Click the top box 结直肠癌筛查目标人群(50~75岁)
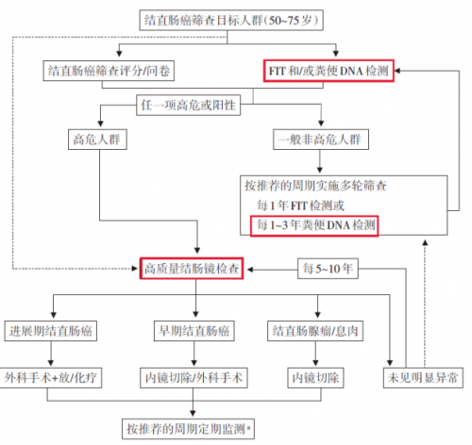pyautogui.click(x=231, y=21)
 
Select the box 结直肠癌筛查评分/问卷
pyautogui.click(x=109, y=71)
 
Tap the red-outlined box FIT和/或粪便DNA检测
pyautogui.click(x=329, y=71)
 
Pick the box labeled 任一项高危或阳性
pyautogui.click(x=189, y=106)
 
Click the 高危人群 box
pyautogui.click(x=97, y=140)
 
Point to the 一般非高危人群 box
pyautogui.click(x=321, y=140)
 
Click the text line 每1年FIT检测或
pyautogui.click(x=300, y=206)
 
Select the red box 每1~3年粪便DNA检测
pyautogui.click(x=314, y=225)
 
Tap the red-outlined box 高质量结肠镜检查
pyautogui.click(x=192, y=269)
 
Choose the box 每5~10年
pyautogui.click(x=328, y=269)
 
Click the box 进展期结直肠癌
pyautogui.click(x=51, y=331)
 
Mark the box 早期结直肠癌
pyautogui.click(x=194, y=331)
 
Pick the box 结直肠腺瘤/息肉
pyautogui.click(x=315, y=331)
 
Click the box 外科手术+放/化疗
pyautogui.click(x=50, y=378)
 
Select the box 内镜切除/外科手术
pyautogui.click(x=194, y=378)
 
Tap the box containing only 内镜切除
pyautogui.click(x=315, y=378)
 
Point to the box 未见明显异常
pyautogui.click(x=423, y=378)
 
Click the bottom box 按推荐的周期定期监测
pyautogui.click(x=188, y=429)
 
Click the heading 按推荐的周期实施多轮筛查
pyautogui.click(x=315, y=186)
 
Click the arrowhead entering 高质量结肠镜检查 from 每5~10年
pyautogui.click(x=250, y=270)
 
